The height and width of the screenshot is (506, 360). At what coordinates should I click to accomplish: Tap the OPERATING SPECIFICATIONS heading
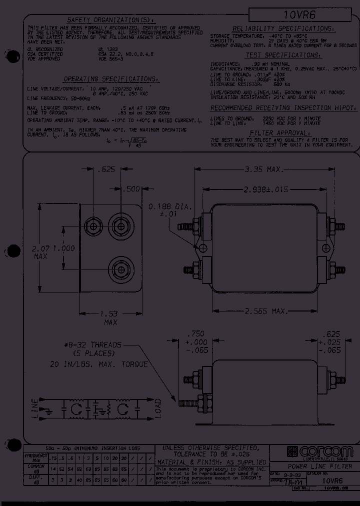(x=111, y=79)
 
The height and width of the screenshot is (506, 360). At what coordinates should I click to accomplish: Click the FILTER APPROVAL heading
(x=280, y=133)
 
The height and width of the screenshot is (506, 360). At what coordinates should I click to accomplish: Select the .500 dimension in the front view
(x=132, y=189)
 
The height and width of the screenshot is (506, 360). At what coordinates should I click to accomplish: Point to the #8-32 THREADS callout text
(x=93, y=344)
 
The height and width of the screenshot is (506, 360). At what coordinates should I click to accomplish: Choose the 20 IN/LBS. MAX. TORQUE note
(x=99, y=364)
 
